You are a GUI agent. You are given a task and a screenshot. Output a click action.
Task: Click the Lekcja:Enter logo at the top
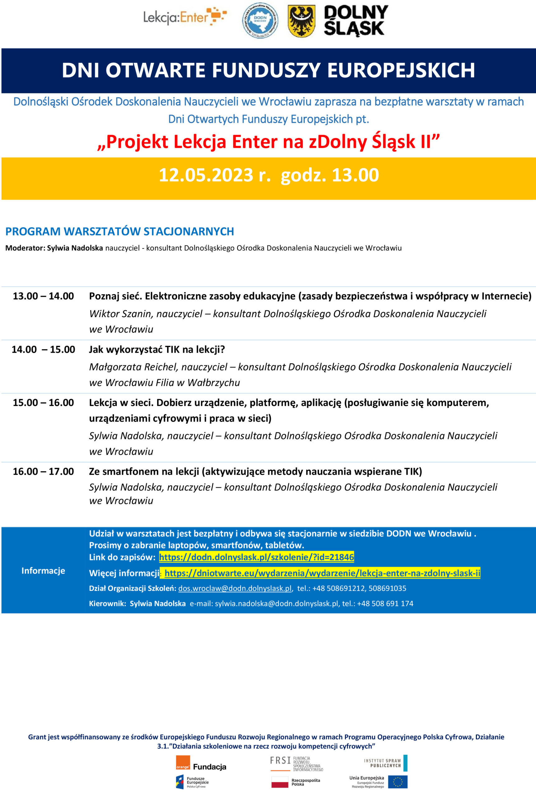pyautogui.click(x=185, y=17)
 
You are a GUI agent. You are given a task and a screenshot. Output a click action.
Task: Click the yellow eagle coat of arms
pyautogui.click(x=301, y=21)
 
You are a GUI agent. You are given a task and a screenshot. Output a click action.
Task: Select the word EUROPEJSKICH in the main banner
pyautogui.click(x=401, y=70)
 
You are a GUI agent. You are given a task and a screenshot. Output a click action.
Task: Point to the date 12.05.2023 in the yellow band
pyautogui.click(x=206, y=175)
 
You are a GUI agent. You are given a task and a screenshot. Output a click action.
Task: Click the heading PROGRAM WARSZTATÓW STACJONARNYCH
pyautogui.click(x=120, y=232)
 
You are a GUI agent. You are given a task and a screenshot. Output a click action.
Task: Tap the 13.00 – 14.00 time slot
pyautogui.click(x=43, y=296)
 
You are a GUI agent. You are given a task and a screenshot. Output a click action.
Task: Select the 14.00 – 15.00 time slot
pyautogui.click(x=43, y=349)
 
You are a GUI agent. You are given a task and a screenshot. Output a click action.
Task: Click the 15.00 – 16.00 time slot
pyautogui.click(x=43, y=403)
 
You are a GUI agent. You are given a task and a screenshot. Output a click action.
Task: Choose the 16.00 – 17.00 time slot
pyautogui.click(x=43, y=471)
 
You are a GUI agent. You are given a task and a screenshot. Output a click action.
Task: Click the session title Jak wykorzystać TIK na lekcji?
pyautogui.click(x=157, y=349)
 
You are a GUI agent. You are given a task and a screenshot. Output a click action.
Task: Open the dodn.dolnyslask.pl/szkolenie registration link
pyautogui.click(x=256, y=557)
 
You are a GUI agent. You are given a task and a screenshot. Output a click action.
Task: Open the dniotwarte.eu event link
pyautogui.click(x=322, y=573)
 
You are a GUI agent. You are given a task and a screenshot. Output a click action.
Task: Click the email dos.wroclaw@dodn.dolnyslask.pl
pyautogui.click(x=235, y=588)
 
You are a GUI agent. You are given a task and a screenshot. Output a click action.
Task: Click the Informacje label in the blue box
pyautogui.click(x=43, y=571)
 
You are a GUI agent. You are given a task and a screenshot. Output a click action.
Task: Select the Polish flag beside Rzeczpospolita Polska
pyautogui.click(x=280, y=782)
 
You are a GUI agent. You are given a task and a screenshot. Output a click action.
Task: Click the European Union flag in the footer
pyautogui.click(x=397, y=782)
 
